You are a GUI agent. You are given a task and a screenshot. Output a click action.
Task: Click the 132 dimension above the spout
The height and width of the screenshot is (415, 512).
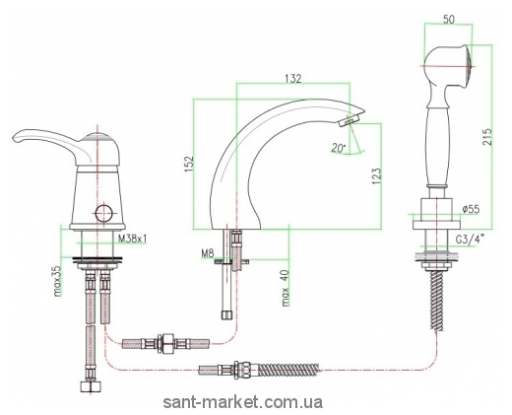point(292,78)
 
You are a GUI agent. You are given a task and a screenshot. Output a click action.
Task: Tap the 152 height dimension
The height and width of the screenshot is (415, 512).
point(189,164)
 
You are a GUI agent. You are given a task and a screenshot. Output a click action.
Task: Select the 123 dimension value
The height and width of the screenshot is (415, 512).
point(377,176)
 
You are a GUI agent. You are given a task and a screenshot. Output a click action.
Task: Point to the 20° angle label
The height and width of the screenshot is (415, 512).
point(338,149)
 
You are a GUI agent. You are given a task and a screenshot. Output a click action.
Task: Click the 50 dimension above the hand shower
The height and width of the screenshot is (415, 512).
point(449,20)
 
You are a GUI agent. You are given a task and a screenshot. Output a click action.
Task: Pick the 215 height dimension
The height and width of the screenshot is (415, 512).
point(488,137)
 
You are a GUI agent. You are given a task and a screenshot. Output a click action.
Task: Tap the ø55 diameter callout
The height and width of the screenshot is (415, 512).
point(471,209)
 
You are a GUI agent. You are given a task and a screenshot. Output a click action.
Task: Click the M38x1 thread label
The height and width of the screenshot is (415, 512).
point(132,240)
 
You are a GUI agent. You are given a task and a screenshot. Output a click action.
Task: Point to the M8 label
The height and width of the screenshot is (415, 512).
point(208,253)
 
